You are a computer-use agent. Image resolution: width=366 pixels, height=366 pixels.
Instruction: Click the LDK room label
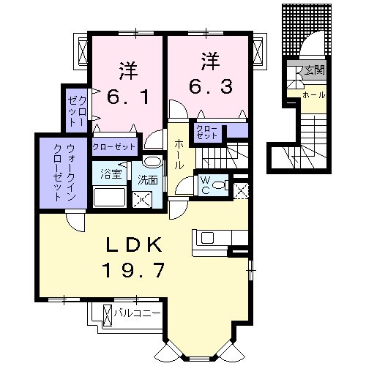138,244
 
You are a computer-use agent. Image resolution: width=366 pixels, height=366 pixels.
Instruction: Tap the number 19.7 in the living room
138,270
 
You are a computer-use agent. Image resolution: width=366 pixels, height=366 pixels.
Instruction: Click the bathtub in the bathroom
110,197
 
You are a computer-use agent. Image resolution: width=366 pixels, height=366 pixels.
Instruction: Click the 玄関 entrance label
315,70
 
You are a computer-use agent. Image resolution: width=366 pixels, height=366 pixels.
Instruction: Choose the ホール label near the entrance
315,95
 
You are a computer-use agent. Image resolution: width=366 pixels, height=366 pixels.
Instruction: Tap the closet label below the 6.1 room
115,146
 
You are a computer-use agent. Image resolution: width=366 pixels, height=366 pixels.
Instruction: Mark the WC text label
204,184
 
